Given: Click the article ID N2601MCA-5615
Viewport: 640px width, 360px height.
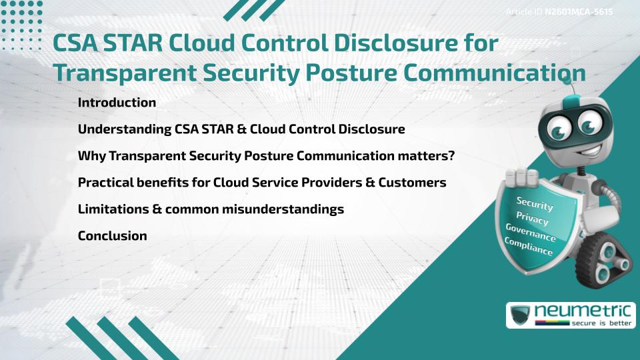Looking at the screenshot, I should click(x=579, y=12).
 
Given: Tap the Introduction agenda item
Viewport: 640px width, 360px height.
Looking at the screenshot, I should click(x=117, y=103).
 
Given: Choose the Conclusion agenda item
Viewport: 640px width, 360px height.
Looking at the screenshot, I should click(x=112, y=235).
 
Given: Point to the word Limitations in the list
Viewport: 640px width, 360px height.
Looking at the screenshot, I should click(x=113, y=209).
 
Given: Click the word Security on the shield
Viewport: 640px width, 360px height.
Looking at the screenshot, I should click(x=535, y=203).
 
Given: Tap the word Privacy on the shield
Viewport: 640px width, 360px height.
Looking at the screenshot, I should click(x=532, y=218).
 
